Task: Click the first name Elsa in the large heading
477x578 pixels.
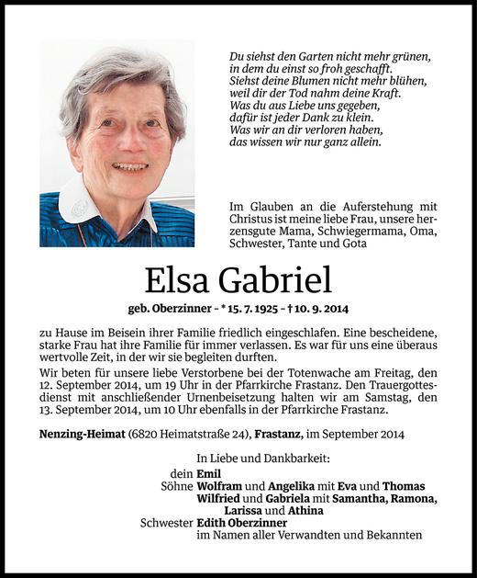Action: pyautogui.click(x=179, y=277)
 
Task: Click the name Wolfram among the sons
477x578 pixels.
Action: pyautogui.click(x=219, y=486)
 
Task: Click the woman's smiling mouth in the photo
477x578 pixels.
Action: pyautogui.click(x=130, y=166)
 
